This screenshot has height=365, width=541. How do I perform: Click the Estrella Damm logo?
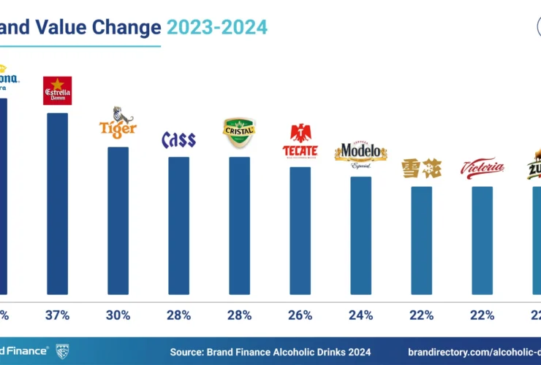pos(57,91)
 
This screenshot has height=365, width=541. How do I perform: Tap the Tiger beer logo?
pos(118,123)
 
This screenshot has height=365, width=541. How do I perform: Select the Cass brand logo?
pos(178,140)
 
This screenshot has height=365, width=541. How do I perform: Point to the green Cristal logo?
pos(239,132)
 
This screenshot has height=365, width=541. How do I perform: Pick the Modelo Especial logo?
pos(360,153)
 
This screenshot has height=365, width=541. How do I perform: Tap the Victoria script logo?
pos(482,168)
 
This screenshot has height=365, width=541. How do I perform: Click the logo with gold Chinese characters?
pos(421,169)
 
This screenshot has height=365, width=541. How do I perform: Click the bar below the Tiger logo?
pos(118,220)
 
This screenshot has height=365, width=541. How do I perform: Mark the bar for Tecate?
pos(300,230)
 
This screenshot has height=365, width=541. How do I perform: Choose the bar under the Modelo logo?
pos(360,234)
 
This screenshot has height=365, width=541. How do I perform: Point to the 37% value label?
pos(57,315)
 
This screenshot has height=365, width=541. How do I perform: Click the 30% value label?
pos(118,315)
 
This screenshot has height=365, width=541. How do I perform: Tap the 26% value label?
pos(300,315)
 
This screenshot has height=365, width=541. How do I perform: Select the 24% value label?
pos(360,315)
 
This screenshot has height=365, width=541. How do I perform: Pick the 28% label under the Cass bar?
pos(178,315)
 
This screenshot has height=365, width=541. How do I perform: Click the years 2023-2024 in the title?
pos(217,28)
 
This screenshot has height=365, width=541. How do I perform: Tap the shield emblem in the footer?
pos(62,351)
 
